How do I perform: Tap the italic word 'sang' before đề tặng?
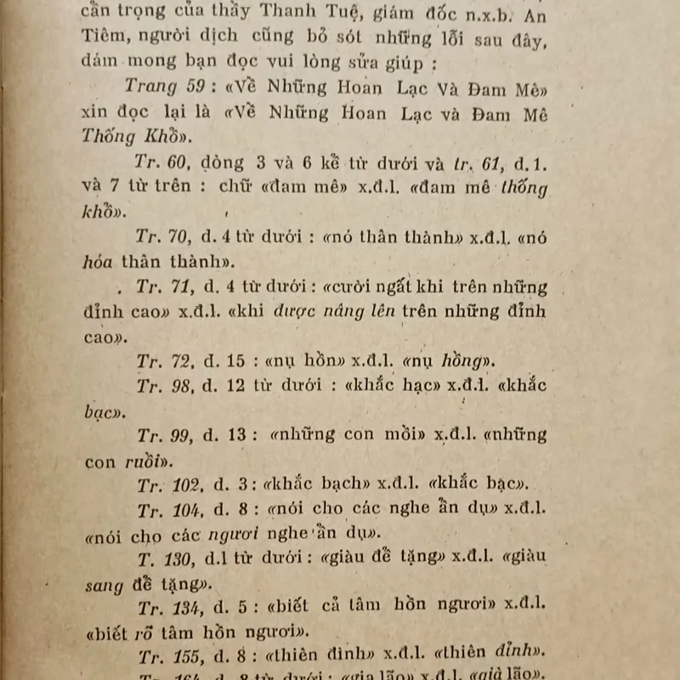pyautogui.click(x=104, y=585)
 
